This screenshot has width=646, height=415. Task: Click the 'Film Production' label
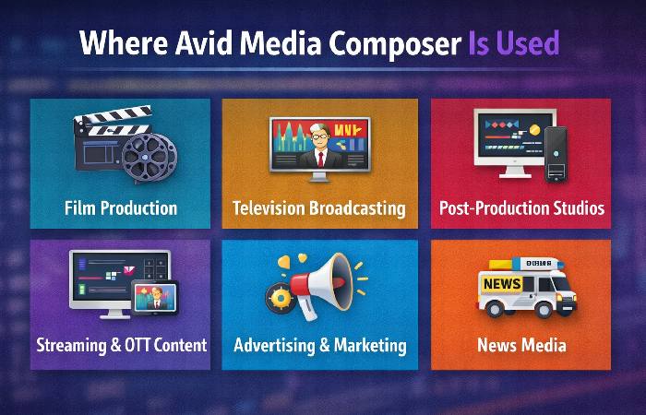(121, 207)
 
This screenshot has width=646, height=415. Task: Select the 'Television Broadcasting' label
(319, 207)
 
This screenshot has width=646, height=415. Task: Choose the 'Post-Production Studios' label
(521, 207)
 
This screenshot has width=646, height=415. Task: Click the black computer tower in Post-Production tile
(555, 152)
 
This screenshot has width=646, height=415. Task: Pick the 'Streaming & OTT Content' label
(121, 346)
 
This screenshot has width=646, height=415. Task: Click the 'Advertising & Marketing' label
(319, 346)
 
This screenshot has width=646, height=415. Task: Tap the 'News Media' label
(521, 346)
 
